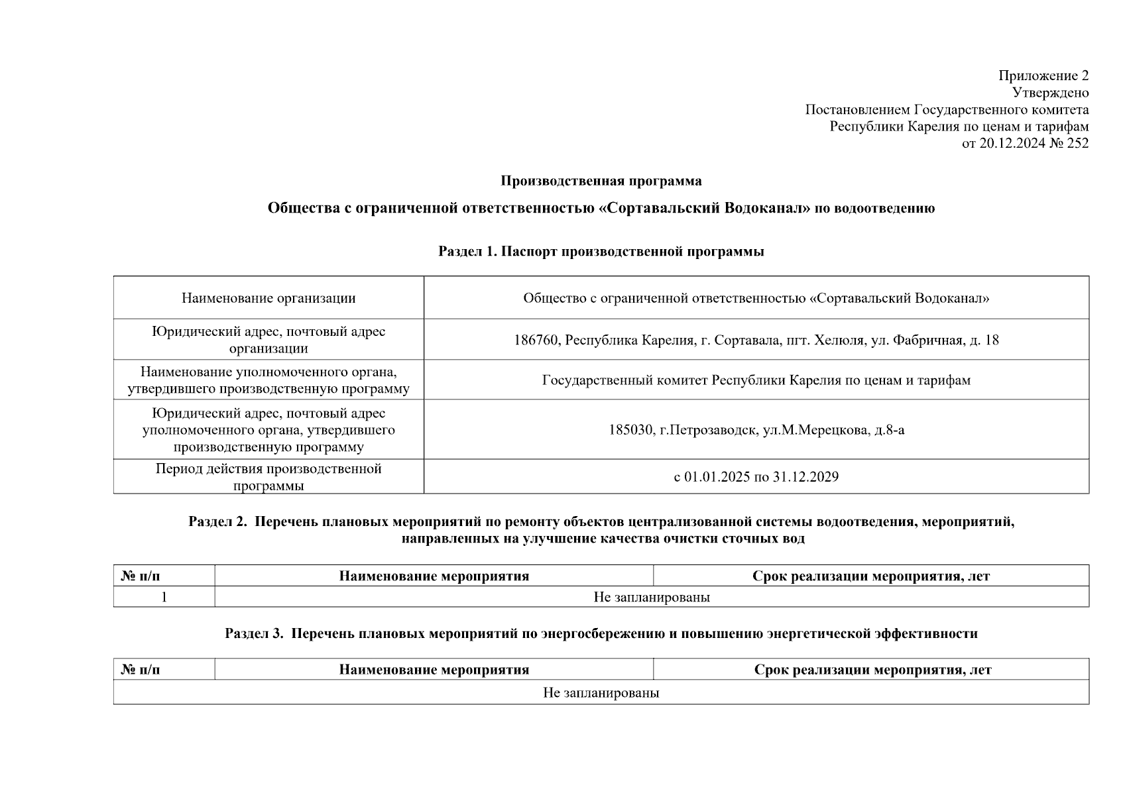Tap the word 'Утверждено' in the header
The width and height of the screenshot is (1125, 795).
[1050, 93]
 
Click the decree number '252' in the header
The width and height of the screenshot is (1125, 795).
[1078, 143]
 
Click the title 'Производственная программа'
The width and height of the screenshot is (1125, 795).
[601, 181]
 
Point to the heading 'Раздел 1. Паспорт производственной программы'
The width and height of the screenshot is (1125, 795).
[601, 252]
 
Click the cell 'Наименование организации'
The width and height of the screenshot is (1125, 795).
[268, 298]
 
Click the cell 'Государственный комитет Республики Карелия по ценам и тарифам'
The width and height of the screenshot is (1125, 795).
[756, 380]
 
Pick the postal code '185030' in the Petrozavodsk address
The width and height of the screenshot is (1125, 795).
[630, 431]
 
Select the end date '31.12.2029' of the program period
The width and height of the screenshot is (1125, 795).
[805, 477]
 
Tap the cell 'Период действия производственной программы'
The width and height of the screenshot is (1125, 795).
[268, 477]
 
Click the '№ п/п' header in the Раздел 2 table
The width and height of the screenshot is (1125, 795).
[141, 576]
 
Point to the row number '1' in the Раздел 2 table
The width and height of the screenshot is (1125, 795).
[164, 598]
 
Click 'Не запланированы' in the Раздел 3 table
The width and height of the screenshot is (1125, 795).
[601, 694]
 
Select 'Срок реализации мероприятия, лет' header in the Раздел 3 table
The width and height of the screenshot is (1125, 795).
[872, 670]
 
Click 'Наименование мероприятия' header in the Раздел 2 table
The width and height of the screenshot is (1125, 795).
[434, 576]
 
